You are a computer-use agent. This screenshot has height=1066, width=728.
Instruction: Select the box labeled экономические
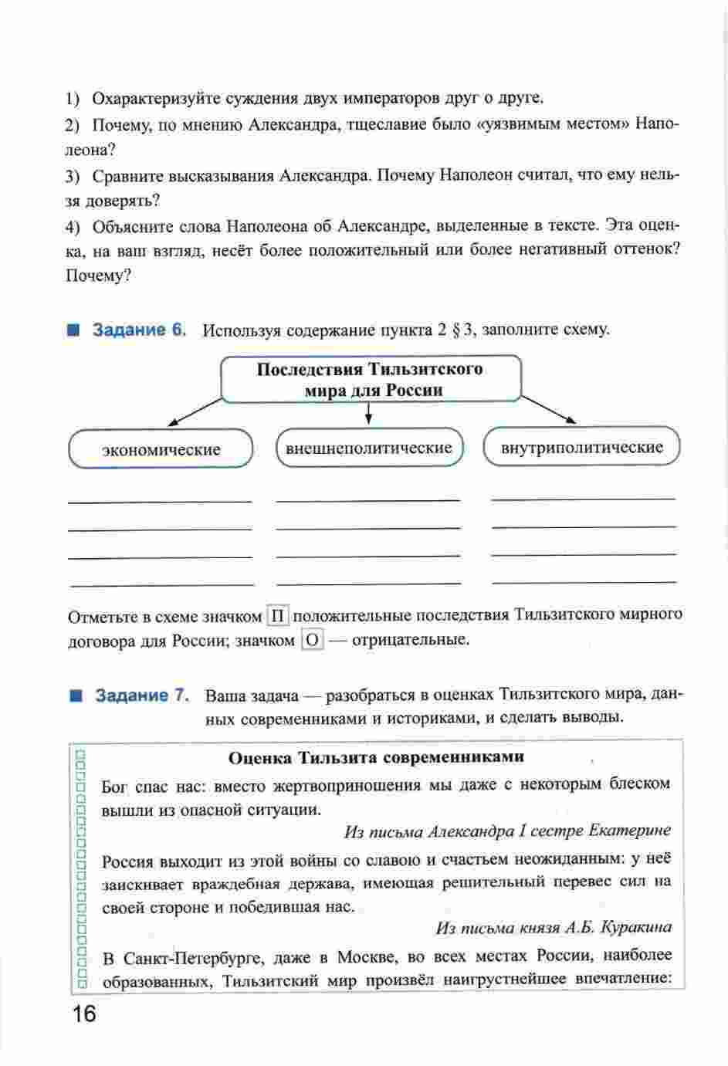[x=161, y=449]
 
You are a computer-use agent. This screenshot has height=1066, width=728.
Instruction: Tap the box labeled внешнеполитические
[x=369, y=448]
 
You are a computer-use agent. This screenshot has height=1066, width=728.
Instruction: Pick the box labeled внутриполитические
[x=581, y=447]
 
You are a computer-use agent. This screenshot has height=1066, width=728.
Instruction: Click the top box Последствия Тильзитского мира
[x=371, y=379]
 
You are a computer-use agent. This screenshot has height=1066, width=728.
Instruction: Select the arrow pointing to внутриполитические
[x=550, y=409]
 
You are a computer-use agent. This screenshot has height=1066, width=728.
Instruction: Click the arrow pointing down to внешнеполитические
[x=369, y=414]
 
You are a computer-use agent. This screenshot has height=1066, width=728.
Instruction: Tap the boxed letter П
[x=278, y=616]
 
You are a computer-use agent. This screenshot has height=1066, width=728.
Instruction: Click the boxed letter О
[x=311, y=640]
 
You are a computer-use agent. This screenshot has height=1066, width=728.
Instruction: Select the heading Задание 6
[x=140, y=330]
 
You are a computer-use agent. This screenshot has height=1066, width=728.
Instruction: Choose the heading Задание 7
[x=141, y=695]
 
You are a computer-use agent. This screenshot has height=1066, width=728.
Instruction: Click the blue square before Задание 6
[x=74, y=330]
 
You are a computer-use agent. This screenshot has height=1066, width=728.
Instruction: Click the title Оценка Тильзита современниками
[x=376, y=757]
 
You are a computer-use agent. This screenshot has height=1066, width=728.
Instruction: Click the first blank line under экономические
[x=161, y=502]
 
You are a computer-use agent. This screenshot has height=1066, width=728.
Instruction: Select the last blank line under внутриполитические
[x=583, y=581]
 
